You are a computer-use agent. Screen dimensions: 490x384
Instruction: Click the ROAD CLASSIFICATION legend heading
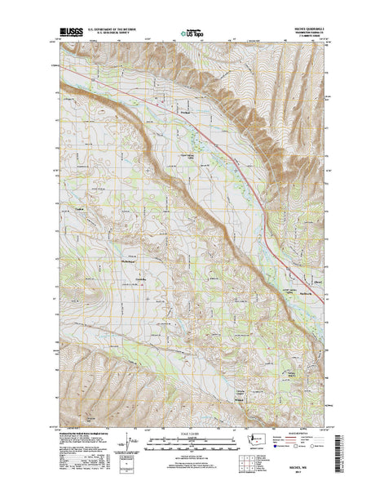pyautogui.click(x=308, y=433)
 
